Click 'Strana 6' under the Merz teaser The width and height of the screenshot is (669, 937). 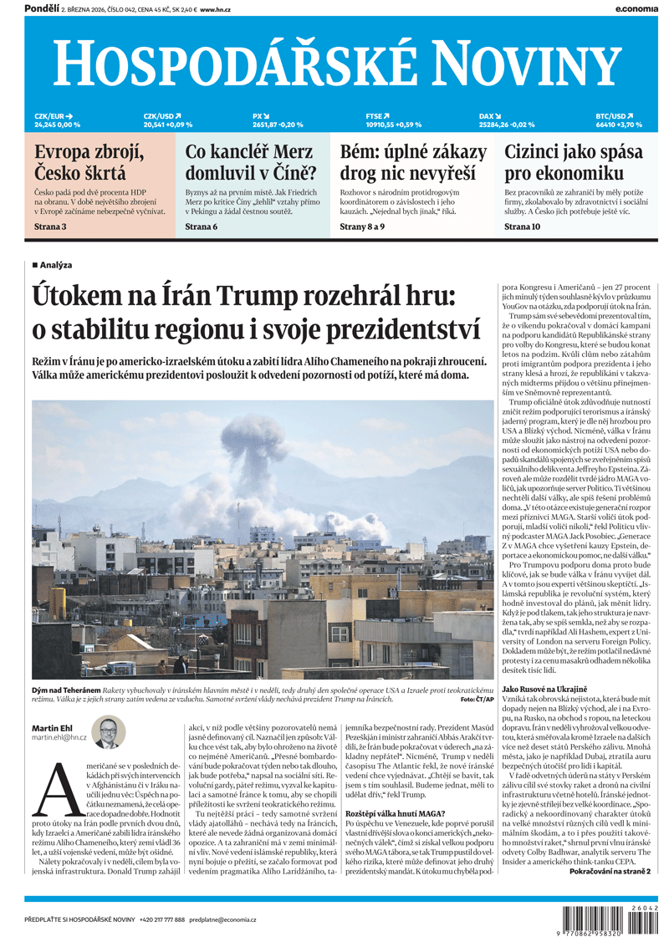click(x=202, y=227)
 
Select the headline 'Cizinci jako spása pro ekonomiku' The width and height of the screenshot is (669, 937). click(x=574, y=163)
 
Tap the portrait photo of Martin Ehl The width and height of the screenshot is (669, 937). click(x=108, y=731)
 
